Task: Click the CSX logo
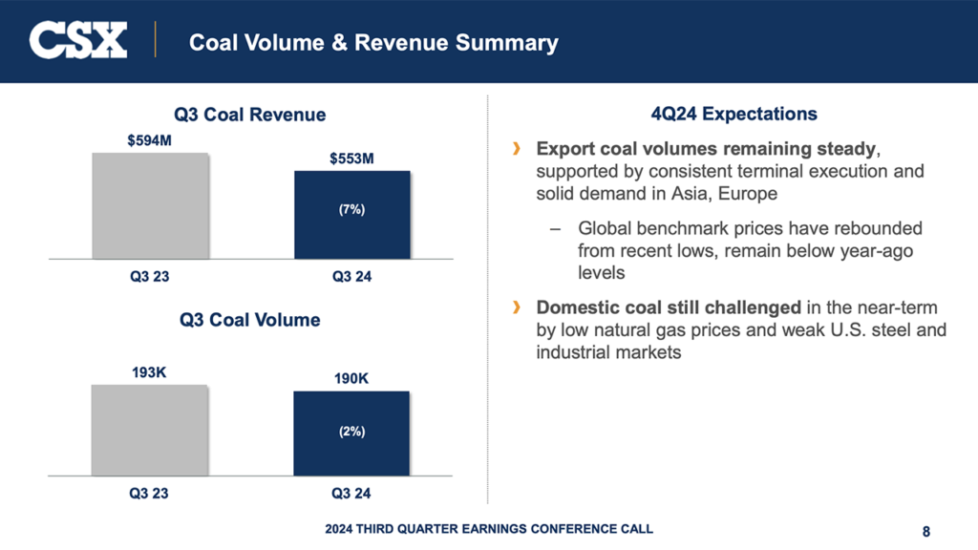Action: coord(78,41)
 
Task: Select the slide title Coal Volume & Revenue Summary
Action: coord(373,43)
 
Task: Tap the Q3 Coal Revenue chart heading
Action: coord(249,115)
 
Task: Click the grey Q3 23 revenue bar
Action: coord(150,205)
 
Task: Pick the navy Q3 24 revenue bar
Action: coord(351,215)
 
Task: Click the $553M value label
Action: coord(351,159)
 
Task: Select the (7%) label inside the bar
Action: coord(351,210)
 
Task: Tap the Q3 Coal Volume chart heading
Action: coord(249,320)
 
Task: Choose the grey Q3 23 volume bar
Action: coord(150,430)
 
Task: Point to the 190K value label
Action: coord(351,379)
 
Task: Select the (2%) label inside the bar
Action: coord(351,432)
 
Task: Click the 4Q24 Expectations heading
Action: coord(733,115)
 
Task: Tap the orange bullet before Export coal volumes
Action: coord(517,150)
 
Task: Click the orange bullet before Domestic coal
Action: coord(517,307)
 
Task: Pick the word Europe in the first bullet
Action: coord(753,193)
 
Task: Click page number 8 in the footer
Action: coord(926,531)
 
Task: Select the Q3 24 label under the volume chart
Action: coord(351,494)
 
